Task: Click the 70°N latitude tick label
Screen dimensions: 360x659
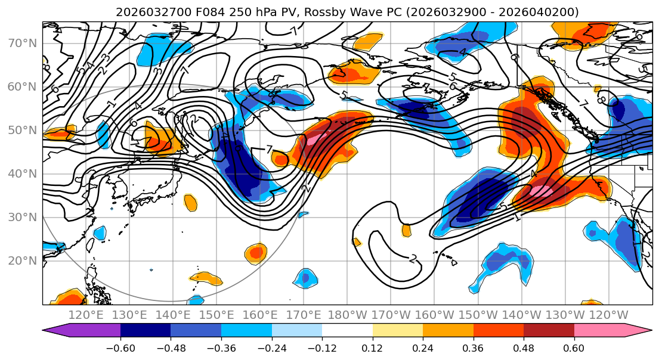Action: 21,44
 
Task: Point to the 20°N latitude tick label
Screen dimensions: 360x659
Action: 21,260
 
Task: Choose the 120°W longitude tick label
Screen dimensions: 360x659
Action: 609,315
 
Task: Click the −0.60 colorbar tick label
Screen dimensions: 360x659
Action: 120,347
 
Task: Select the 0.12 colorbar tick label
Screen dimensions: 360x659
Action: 372,347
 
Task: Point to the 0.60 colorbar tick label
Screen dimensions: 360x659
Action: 574,347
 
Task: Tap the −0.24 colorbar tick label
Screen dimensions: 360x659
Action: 271,347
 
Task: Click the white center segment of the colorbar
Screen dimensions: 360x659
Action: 347,331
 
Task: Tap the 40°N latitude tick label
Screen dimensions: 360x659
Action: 21,173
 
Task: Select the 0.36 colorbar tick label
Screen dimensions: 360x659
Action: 473,347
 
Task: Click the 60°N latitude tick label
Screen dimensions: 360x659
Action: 21,87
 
